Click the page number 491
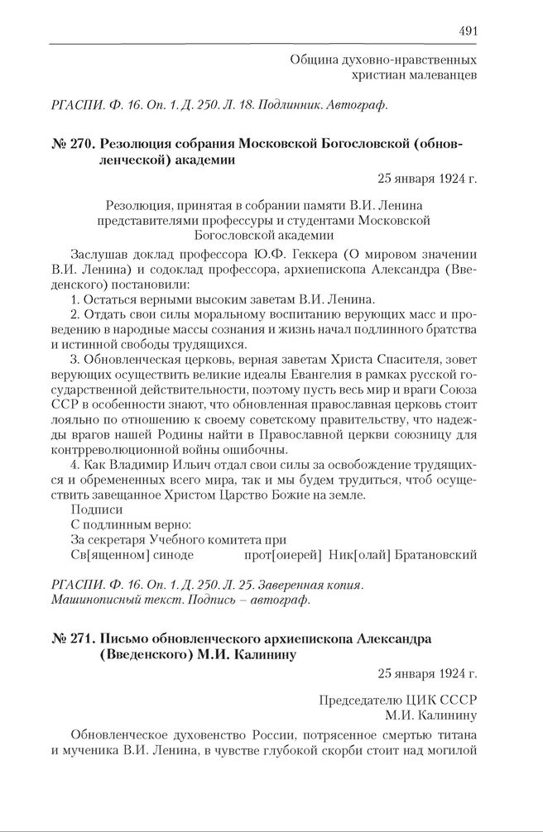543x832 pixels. point(467,31)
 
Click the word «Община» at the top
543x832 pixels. point(315,60)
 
